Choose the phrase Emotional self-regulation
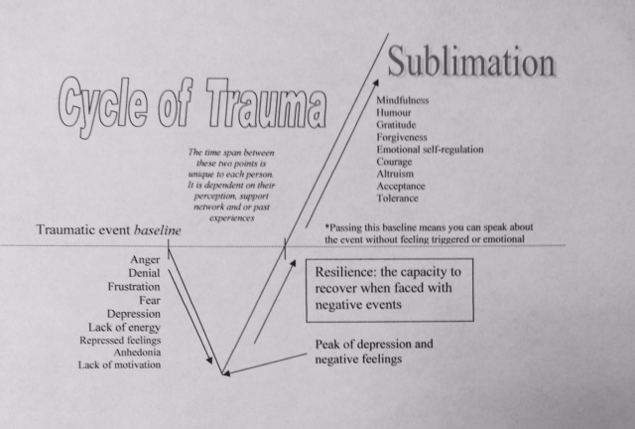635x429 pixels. click(x=431, y=149)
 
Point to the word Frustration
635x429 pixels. click(x=134, y=286)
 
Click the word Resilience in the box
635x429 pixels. click(x=346, y=270)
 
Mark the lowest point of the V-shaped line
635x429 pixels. click(x=222, y=374)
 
